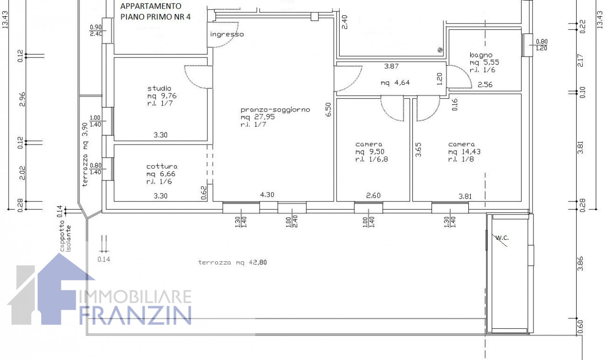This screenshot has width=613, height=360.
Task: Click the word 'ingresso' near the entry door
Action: pos(227,34)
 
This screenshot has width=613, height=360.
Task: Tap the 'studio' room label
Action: pos(159,89)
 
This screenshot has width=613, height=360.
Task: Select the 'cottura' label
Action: pos(162,166)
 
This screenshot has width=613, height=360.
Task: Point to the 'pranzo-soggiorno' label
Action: pos(275,110)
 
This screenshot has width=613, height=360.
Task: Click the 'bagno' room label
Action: pos(481,55)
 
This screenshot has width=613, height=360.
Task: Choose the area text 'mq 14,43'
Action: pos(464,152)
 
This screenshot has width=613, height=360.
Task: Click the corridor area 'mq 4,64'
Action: pos(395,83)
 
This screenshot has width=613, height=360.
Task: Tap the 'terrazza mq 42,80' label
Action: pos(232,262)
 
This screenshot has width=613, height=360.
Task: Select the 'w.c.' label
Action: pos(502,238)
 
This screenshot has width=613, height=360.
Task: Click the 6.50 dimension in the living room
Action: pos(329,110)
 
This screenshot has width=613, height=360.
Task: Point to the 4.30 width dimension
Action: pos(267,195)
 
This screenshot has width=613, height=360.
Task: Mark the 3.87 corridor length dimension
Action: pos(391,66)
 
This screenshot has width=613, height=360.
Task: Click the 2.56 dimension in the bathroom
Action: pos(485,85)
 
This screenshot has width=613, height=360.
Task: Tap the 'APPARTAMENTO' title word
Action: pos(151,6)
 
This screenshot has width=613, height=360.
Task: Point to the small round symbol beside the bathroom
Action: pos(440,50)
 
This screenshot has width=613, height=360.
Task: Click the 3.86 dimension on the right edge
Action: pos(580,263)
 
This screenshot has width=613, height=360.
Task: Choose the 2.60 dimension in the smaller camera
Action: pos(373,196)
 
